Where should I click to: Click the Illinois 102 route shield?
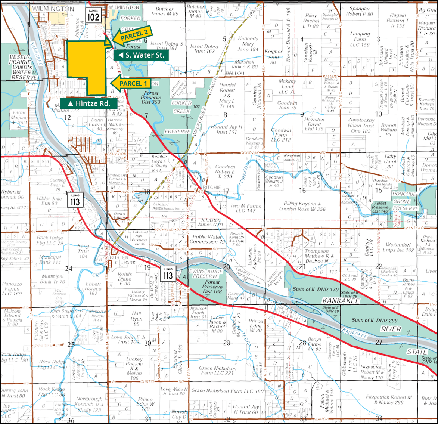[93, 15]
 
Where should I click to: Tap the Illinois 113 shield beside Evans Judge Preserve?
[168, 273]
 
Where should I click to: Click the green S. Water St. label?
[141, 55]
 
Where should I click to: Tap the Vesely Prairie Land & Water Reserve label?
[23, 67]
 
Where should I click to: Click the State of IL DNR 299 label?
[374, 320]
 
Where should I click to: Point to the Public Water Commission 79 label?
[208, 239]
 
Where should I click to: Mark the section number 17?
[226, 191]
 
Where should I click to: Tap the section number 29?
[227, 343]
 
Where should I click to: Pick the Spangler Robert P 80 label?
[360, 11]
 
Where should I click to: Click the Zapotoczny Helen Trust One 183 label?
[361, 126]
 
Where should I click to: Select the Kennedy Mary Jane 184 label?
[248, 44]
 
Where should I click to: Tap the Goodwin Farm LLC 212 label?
[281, 135]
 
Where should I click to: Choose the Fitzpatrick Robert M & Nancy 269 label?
[389, 400]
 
